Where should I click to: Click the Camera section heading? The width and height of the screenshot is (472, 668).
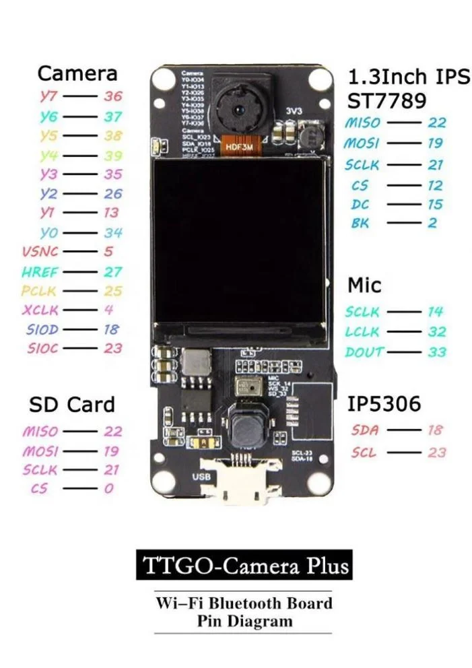click(x=77, y=73)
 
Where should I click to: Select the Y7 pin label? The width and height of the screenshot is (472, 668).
click(x=49, y=96)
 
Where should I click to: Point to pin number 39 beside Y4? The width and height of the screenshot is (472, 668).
click(x=113, y=155)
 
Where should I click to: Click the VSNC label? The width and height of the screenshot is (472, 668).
click(x=40, y=252)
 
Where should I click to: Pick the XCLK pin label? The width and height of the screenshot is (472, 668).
click(x=40, y=310)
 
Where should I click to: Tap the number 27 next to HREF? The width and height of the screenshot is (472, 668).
click(x=113, y=271)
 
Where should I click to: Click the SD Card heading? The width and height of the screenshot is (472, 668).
click(x=71, y=405)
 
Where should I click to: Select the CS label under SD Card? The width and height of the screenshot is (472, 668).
click(x=39, y=488)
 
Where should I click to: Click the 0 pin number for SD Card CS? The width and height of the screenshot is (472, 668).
click(x=108, y=488)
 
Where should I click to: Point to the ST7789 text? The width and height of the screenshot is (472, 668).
click(x=386, y=101)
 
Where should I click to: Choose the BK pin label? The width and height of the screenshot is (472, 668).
click(x=360, y=223)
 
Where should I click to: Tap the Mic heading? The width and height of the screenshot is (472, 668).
click(x=364, y=286)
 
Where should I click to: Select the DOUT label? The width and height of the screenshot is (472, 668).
click(x=364, y=352)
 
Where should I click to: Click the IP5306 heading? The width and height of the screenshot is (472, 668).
click(x=384, y=404)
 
